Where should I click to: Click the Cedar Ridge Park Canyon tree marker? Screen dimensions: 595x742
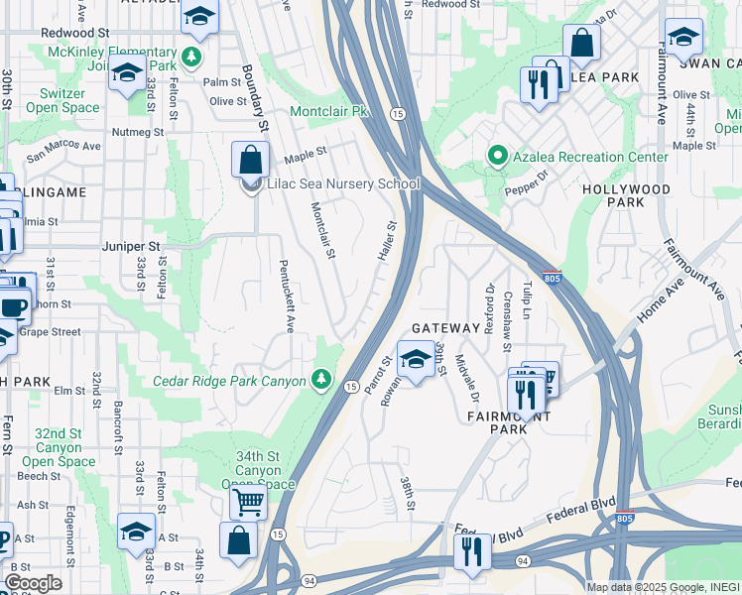[x=320, y=379]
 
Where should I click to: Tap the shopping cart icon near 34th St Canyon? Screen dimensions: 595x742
[x=248, y=501]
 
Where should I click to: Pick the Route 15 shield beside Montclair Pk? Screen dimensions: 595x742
[x=396, y=114]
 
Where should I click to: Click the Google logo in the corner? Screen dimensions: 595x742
[x=33, y=583]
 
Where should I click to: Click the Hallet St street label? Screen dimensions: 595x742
[x=385, y=241]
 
